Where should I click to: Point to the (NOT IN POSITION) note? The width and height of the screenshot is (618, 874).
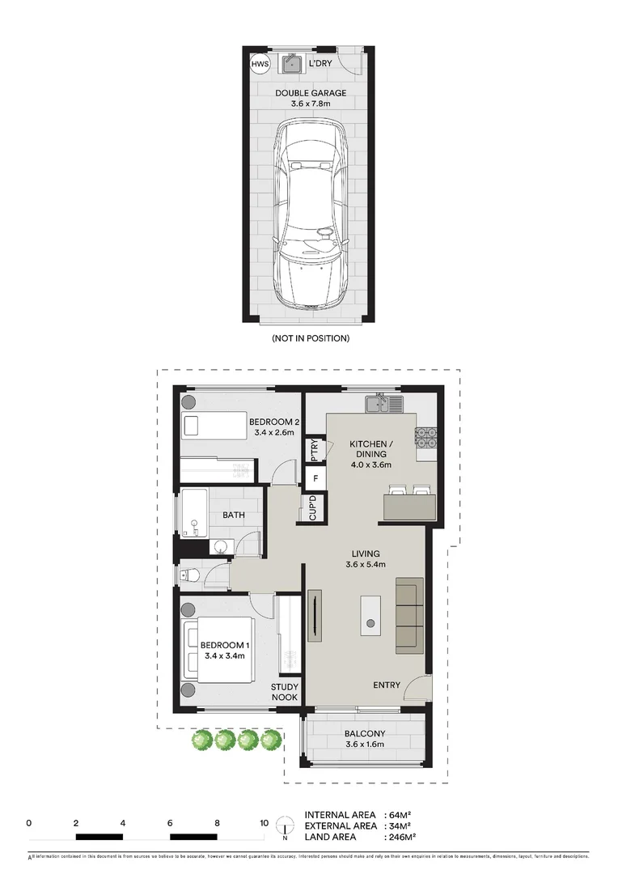pyautogui.click(x=311, y=337)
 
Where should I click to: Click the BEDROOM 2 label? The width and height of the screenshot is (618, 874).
pyautogui.click(x=275, y=422)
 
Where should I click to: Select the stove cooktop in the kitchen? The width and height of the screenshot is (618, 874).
pyautogui.click(x=425, y=437)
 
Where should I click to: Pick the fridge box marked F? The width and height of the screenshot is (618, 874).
pyautogui.click(x=314, y=479)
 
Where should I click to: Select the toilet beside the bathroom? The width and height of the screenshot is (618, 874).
pyautogui.click(x=188, y=575)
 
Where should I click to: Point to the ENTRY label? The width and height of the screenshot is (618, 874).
pyautogui.click(x=387, y=685)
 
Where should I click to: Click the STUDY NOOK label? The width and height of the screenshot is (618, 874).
pyautogui.click(x=284, y=691)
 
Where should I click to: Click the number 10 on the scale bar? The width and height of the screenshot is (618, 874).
pyautogui.click(x=264, y=822)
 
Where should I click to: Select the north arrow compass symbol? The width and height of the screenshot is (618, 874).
pyautogui.click(x=285, y=826)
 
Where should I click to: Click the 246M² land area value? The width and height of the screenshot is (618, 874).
pyautogui.click(x=399, y=837)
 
